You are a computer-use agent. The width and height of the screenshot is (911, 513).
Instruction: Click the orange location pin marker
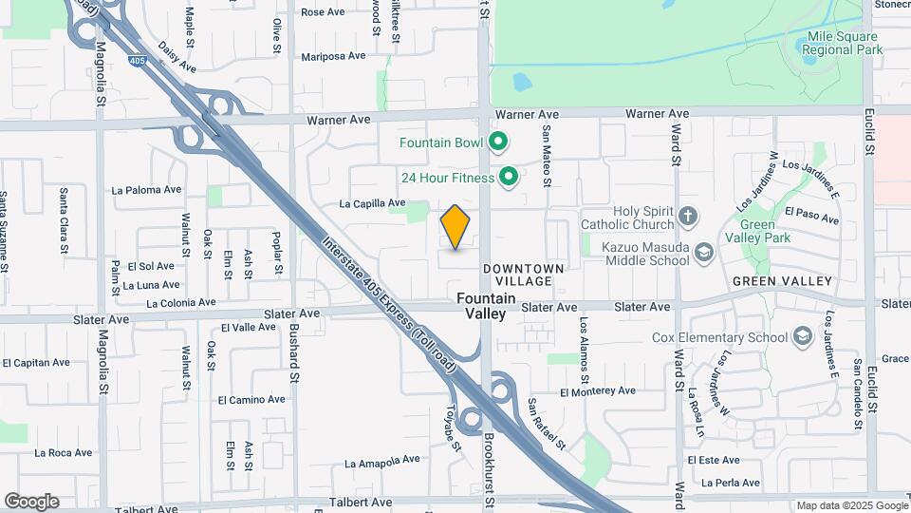[x=455, y=227]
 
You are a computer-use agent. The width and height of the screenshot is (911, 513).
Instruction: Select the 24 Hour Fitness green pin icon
[x=509, y=177]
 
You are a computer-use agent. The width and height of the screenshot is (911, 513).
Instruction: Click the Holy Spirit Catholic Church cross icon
[x=688, y=218]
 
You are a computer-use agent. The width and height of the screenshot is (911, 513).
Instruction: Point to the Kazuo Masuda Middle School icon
[x=704, y=252]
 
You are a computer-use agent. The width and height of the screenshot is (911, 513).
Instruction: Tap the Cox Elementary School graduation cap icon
[x=803, y=337]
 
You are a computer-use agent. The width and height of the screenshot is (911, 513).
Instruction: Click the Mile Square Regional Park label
[x=844, y=42]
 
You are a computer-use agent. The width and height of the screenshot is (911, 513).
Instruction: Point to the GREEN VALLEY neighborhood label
[x=782, y=281]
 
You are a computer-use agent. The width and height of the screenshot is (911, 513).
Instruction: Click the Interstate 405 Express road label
[x=389, y=304]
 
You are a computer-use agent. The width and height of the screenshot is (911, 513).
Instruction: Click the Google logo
[x=31, y=502]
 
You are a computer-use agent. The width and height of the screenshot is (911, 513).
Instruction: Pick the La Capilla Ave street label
[x=372, y=203]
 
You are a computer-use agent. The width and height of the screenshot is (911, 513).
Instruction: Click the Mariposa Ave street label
[x=333, y=56]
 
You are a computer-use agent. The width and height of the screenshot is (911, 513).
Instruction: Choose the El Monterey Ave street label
[x=597, y=391]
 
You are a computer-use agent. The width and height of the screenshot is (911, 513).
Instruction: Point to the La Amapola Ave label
[x=381, y=463]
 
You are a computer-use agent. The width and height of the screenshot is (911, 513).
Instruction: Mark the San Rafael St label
[x=547, y=424]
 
